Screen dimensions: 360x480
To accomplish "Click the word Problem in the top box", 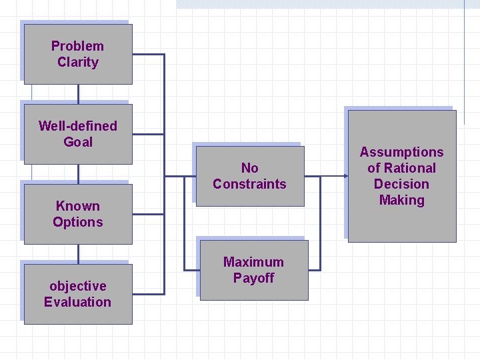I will (x=77, y=46).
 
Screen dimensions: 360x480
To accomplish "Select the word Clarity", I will (x=77, y=62).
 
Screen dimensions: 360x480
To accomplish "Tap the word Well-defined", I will (x=77, y=126).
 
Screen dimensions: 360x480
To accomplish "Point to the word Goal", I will (x=77, y=142).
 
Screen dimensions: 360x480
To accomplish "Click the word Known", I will (x=77, y=206).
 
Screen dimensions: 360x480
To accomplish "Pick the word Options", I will (x=77, y=222).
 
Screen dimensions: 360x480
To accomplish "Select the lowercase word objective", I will (x=77, y=286).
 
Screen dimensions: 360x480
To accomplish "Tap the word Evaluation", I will (x=77, y=302).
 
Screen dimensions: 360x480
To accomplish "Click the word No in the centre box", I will (x=249, y=168).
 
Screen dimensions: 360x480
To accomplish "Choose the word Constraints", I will (x=249, y=184).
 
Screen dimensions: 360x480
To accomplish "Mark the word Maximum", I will (x=253, y=262).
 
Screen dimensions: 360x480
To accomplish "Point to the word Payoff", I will (x=253, y=278).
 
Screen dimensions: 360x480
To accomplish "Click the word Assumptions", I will (x=401, y=152).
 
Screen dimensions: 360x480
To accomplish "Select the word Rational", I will (x=409, y=168).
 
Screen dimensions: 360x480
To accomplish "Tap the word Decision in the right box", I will (x=401, y=184).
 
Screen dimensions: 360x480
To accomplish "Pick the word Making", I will (x=401, y=200).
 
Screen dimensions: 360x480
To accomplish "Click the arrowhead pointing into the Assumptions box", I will (x=344, y=177).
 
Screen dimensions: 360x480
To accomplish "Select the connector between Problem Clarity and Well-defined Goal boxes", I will (x=78, y=94).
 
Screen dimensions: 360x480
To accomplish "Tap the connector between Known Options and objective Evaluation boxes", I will (x=78, y=254).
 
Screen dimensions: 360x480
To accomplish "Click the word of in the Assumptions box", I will (x=373, y=168).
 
